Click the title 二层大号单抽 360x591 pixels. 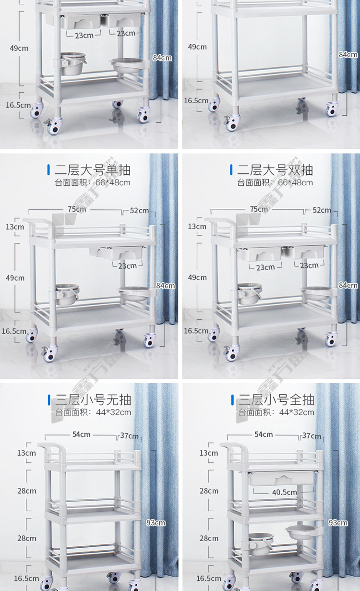pos(93,170)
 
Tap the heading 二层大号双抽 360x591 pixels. pos(275,170)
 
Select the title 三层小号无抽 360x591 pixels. pos(93,400)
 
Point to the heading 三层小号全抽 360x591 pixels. pos(276,400)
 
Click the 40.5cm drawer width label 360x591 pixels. pos(284,492)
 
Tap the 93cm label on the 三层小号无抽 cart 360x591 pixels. pos(156,523)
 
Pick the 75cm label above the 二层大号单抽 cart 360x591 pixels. pos(77,209)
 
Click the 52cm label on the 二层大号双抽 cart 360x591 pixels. pos(322,210)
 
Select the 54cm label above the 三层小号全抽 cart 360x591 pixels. pos(264,434)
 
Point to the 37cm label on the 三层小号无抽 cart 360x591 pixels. pos(129,436)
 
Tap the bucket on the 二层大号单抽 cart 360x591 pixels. pos(67,294)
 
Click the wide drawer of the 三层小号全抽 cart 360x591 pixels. pos(282,478)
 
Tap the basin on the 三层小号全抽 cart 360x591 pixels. pos(301,532)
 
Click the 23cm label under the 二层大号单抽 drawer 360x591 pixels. pos(127,265)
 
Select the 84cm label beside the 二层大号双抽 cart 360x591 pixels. pos(348,285)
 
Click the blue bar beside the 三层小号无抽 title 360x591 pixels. pos(49,400)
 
